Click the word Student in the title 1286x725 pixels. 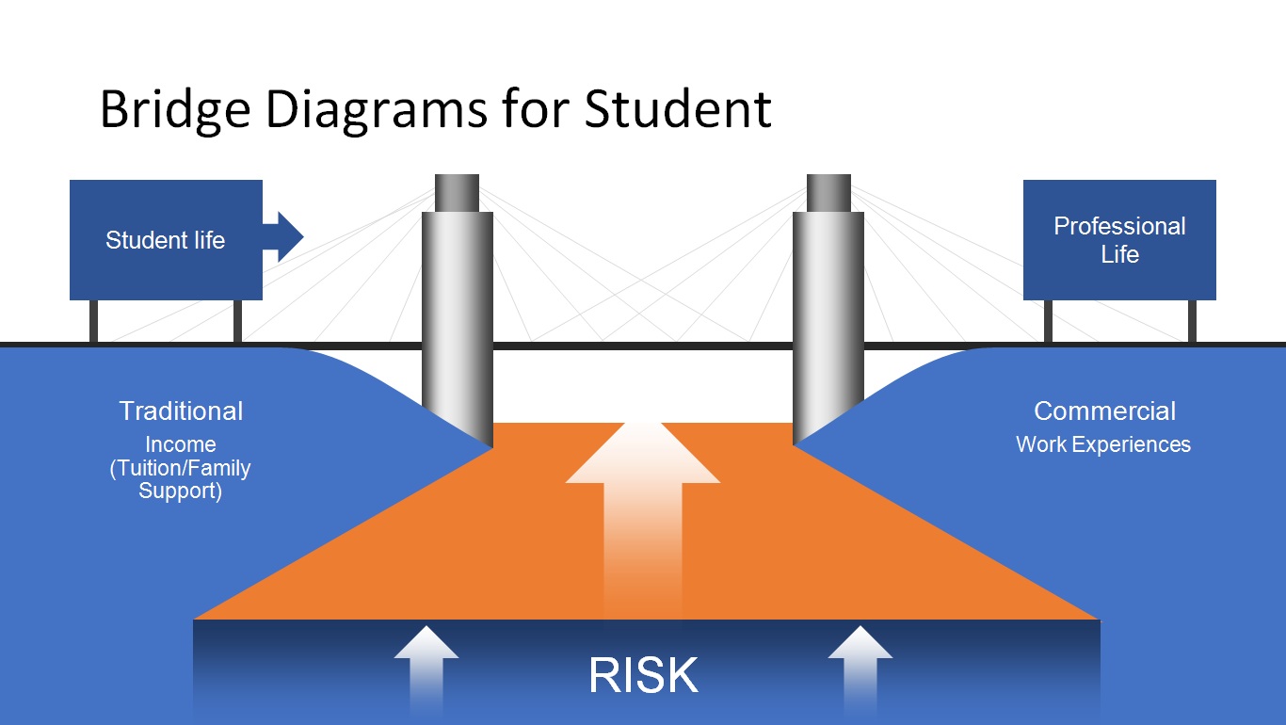(x=678, y=109)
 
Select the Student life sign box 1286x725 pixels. (x=166, y=240)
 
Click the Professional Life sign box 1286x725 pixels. (x=1119, y=240)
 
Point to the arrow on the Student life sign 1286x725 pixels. (x=284, y=236)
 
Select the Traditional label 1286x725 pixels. (x=181, y=411)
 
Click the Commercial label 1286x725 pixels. (x=1104, y=411)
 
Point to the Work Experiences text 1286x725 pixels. (x=1103, y=444)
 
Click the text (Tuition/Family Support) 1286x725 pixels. (x=181, y=479)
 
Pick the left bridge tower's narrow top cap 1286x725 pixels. (x=457, y=192)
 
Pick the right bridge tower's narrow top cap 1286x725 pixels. (x=828, y=192)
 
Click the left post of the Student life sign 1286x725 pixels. (x=93, y=321)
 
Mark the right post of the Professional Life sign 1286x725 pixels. (x=1192, y=321)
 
